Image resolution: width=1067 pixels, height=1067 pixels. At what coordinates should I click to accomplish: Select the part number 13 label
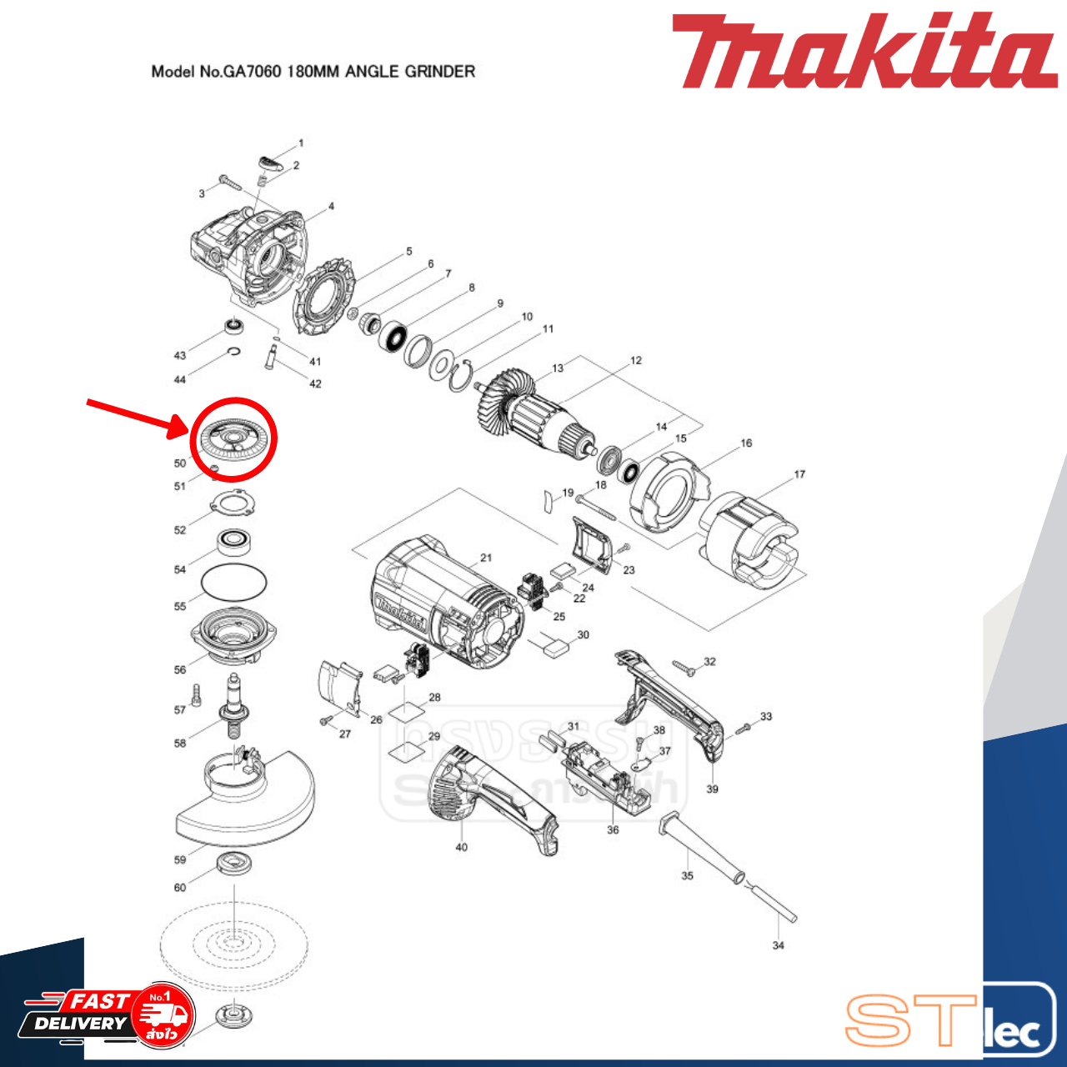558,368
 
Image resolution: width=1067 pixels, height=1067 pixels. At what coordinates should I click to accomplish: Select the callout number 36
613,830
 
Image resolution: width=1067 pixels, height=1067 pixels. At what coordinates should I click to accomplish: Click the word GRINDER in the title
439,72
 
